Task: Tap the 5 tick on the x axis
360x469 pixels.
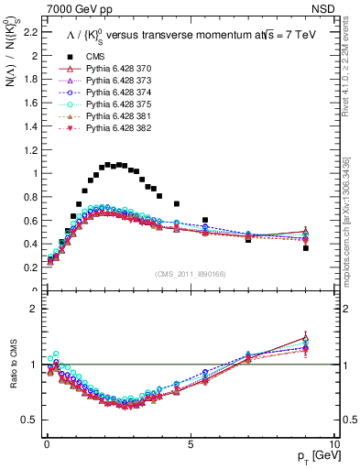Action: pos(190,443)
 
